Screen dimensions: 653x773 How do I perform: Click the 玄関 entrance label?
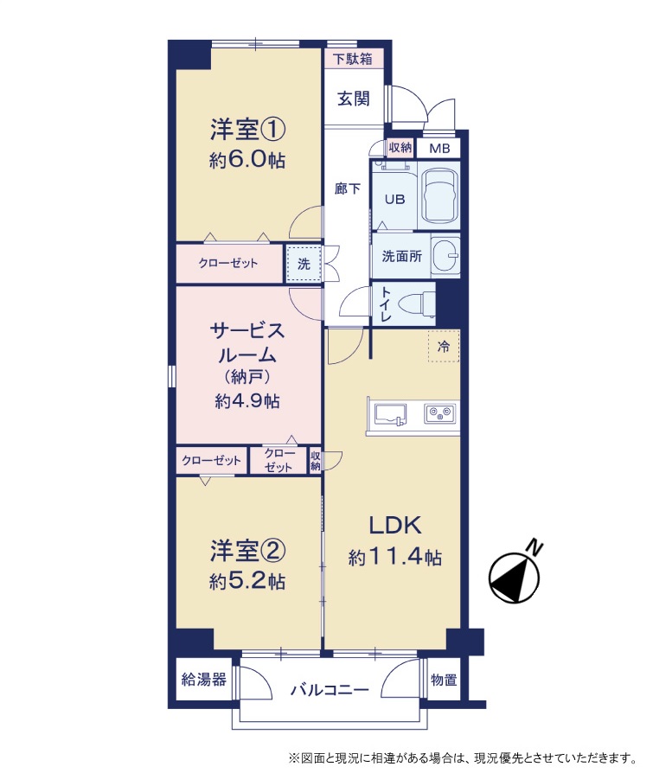(353, 99)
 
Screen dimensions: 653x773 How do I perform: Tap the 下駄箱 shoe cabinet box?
(354, 59)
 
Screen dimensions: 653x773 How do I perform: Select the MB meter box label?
(439, 148)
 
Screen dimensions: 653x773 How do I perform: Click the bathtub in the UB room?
(439, 195)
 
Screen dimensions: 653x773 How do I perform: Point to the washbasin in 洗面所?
(445, 255)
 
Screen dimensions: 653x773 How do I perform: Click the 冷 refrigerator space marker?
(444, 346)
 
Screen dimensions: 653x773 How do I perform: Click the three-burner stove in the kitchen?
(440, 413)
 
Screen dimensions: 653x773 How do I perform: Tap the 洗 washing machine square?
(304, 264)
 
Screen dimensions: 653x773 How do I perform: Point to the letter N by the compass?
(535, 546)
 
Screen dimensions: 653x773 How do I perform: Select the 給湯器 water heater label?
(204, 680)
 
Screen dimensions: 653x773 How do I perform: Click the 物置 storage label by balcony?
(444, 680)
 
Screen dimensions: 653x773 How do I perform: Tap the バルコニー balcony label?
(329, 689)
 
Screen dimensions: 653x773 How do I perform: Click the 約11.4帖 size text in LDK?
(395, 557)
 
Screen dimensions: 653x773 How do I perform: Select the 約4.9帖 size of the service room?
(247, 401)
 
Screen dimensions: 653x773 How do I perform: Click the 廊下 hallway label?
(347, 188)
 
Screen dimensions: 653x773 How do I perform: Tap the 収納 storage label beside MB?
(400, 147)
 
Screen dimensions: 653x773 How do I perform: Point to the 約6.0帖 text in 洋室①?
(247, 160)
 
